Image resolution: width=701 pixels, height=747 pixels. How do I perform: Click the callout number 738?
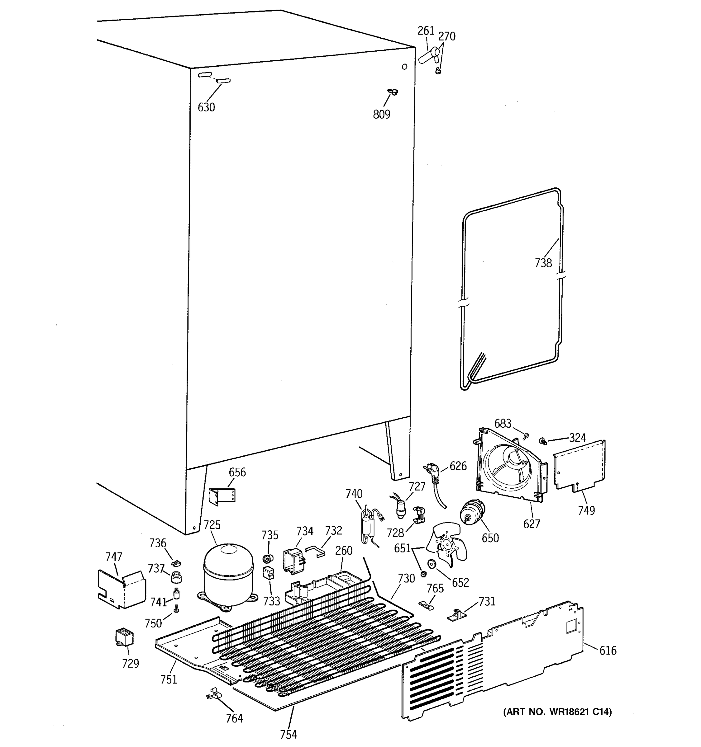543,263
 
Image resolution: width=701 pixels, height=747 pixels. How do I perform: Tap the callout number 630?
207,107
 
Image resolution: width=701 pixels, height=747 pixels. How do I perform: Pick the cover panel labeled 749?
579,466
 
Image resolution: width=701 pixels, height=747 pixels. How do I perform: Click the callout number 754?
289,734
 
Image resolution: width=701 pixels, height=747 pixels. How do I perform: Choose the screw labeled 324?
543,441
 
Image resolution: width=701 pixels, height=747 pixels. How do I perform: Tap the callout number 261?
426,31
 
